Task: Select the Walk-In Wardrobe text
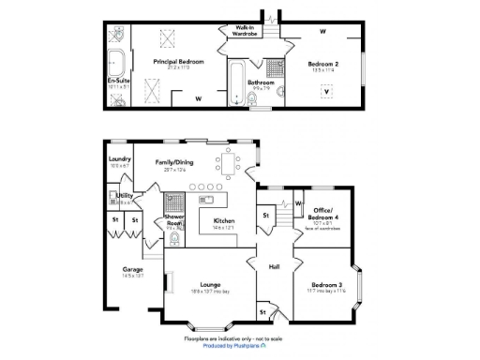pyautogui.click(x=247, y=30)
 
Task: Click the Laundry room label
pyautogui.click(x=119, y=159)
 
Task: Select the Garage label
pyautogui.click(x=132, y=270)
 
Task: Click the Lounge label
pyautogui.click(x=209, y=284)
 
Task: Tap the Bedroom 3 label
pyautogui.click(x=322, y=284)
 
